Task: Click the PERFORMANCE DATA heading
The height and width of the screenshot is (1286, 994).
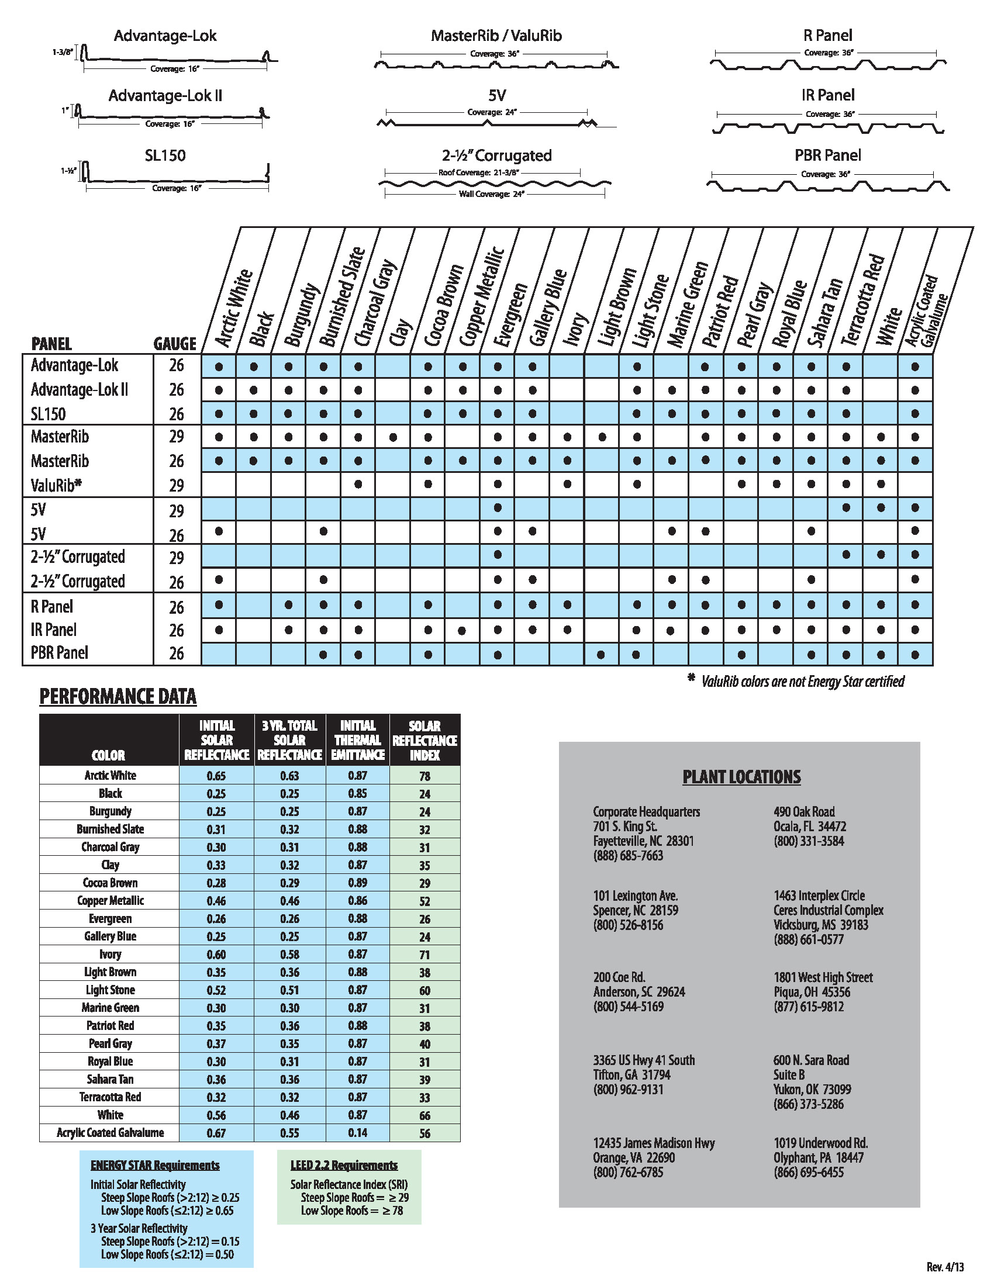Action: tap(118, 696)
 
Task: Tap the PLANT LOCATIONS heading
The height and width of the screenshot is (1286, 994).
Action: tap(741, 777)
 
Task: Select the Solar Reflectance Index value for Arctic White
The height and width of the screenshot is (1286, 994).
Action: tap(424, 776)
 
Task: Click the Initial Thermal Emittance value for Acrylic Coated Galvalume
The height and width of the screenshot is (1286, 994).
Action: tap(357, 1133)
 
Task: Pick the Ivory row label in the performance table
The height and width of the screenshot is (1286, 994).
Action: tap(110, 955)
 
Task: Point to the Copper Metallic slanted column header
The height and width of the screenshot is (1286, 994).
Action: tap(482, 298)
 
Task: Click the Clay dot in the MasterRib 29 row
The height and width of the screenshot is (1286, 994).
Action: tap(394, 437)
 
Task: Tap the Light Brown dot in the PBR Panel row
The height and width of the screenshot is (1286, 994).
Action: tap(601, 654)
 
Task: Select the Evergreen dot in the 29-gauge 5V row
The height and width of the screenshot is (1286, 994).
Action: tap(498, 507)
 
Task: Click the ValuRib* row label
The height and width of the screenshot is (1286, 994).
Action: tap(56, 486)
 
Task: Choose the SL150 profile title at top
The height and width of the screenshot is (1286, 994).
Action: tap(165, 155)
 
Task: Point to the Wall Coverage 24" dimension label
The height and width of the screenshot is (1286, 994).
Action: tap(491, 193)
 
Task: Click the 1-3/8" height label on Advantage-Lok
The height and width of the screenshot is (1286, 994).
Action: tap(62, 52)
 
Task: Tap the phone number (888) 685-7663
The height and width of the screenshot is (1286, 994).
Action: tap(628, 856)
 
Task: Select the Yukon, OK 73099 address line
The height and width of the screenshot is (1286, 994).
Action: tap(812, 1090)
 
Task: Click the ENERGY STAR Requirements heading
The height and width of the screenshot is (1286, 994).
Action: tap(155, 1165)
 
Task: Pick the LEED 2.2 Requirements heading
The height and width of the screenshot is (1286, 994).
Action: tap(344, 1165)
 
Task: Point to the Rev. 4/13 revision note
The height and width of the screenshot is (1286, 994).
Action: tap(945, 1267)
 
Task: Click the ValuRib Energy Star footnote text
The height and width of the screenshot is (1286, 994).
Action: tap(802, 681)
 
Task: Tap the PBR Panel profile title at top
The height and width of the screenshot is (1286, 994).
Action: tap(827, 155)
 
